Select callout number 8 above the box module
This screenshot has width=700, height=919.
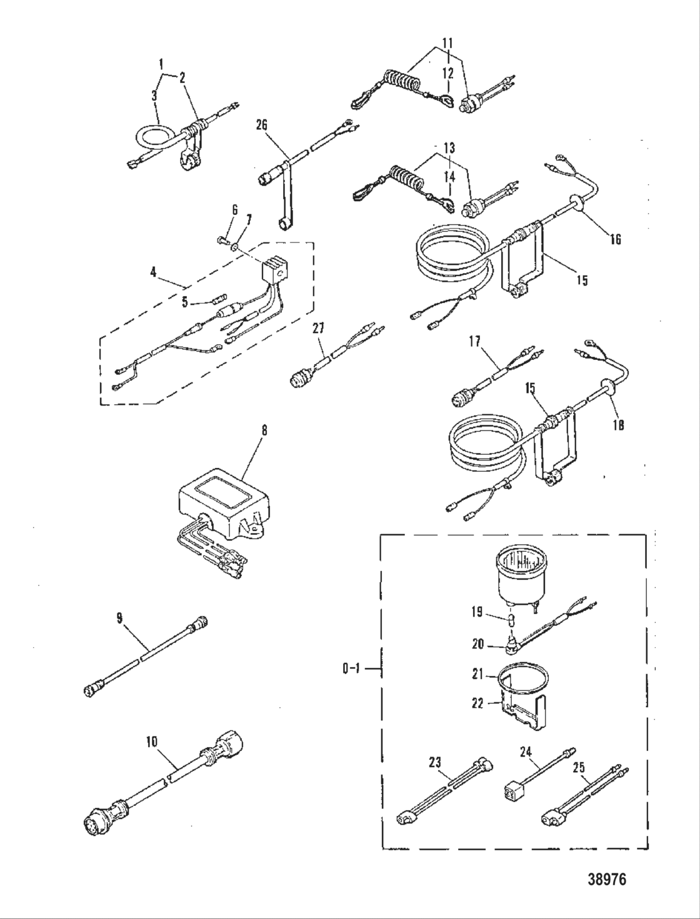coord(264,430)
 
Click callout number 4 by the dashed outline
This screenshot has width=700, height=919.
coord(154,272)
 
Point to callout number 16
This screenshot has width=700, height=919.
coord(616,239)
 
